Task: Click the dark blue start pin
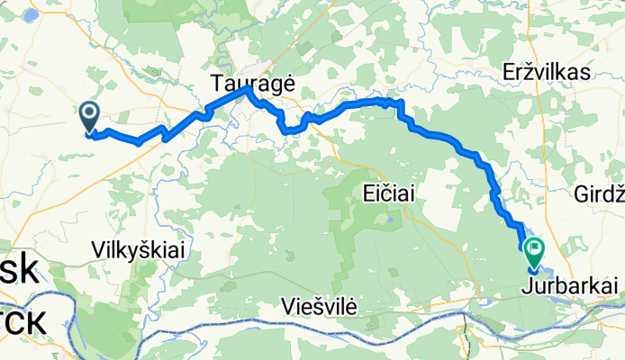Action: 91,116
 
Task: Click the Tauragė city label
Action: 253,82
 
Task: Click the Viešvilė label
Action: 319,306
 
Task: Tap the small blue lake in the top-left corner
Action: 30,14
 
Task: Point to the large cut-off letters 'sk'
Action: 18,272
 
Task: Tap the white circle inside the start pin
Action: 91,112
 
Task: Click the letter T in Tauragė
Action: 217,82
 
